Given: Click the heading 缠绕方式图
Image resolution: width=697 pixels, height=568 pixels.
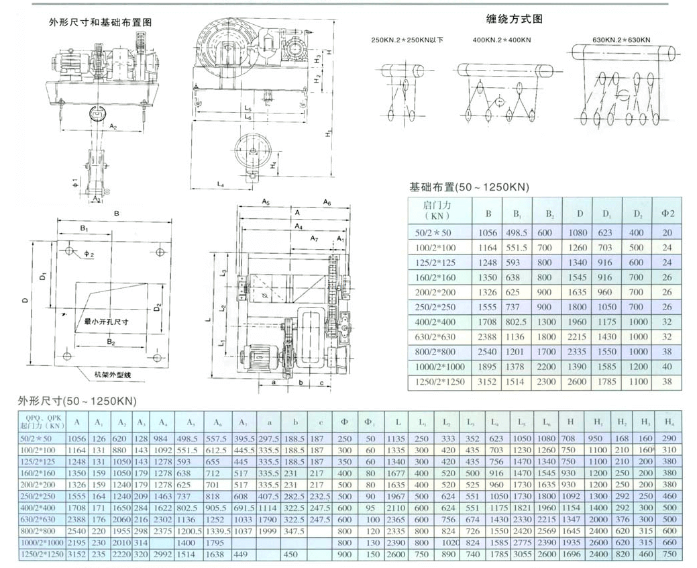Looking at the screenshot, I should click(514, 19).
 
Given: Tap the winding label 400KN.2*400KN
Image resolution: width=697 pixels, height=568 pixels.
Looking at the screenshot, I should click(501, 40).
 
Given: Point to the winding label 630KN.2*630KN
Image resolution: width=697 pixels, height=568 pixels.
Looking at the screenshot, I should click(621, 40).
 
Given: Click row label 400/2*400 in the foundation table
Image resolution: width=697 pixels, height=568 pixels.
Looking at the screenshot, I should click(441, 322).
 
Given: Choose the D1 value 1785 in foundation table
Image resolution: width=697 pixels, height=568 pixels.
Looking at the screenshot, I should click(606, 381).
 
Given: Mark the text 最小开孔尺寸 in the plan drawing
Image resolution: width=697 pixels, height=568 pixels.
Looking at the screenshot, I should click(106, 322).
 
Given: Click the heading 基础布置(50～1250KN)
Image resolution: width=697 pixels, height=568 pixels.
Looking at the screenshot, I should click(469, 187).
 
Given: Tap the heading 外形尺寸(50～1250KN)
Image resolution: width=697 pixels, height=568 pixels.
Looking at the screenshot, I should click(76, 401).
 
